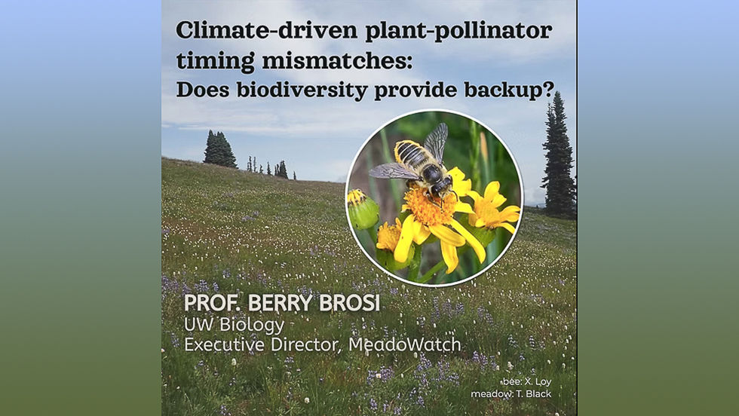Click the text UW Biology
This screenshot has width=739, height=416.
click(x=235, y=325)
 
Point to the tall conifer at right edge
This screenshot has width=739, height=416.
click(x=558, y=158)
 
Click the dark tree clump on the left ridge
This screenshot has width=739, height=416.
click(x=219, y=149)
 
